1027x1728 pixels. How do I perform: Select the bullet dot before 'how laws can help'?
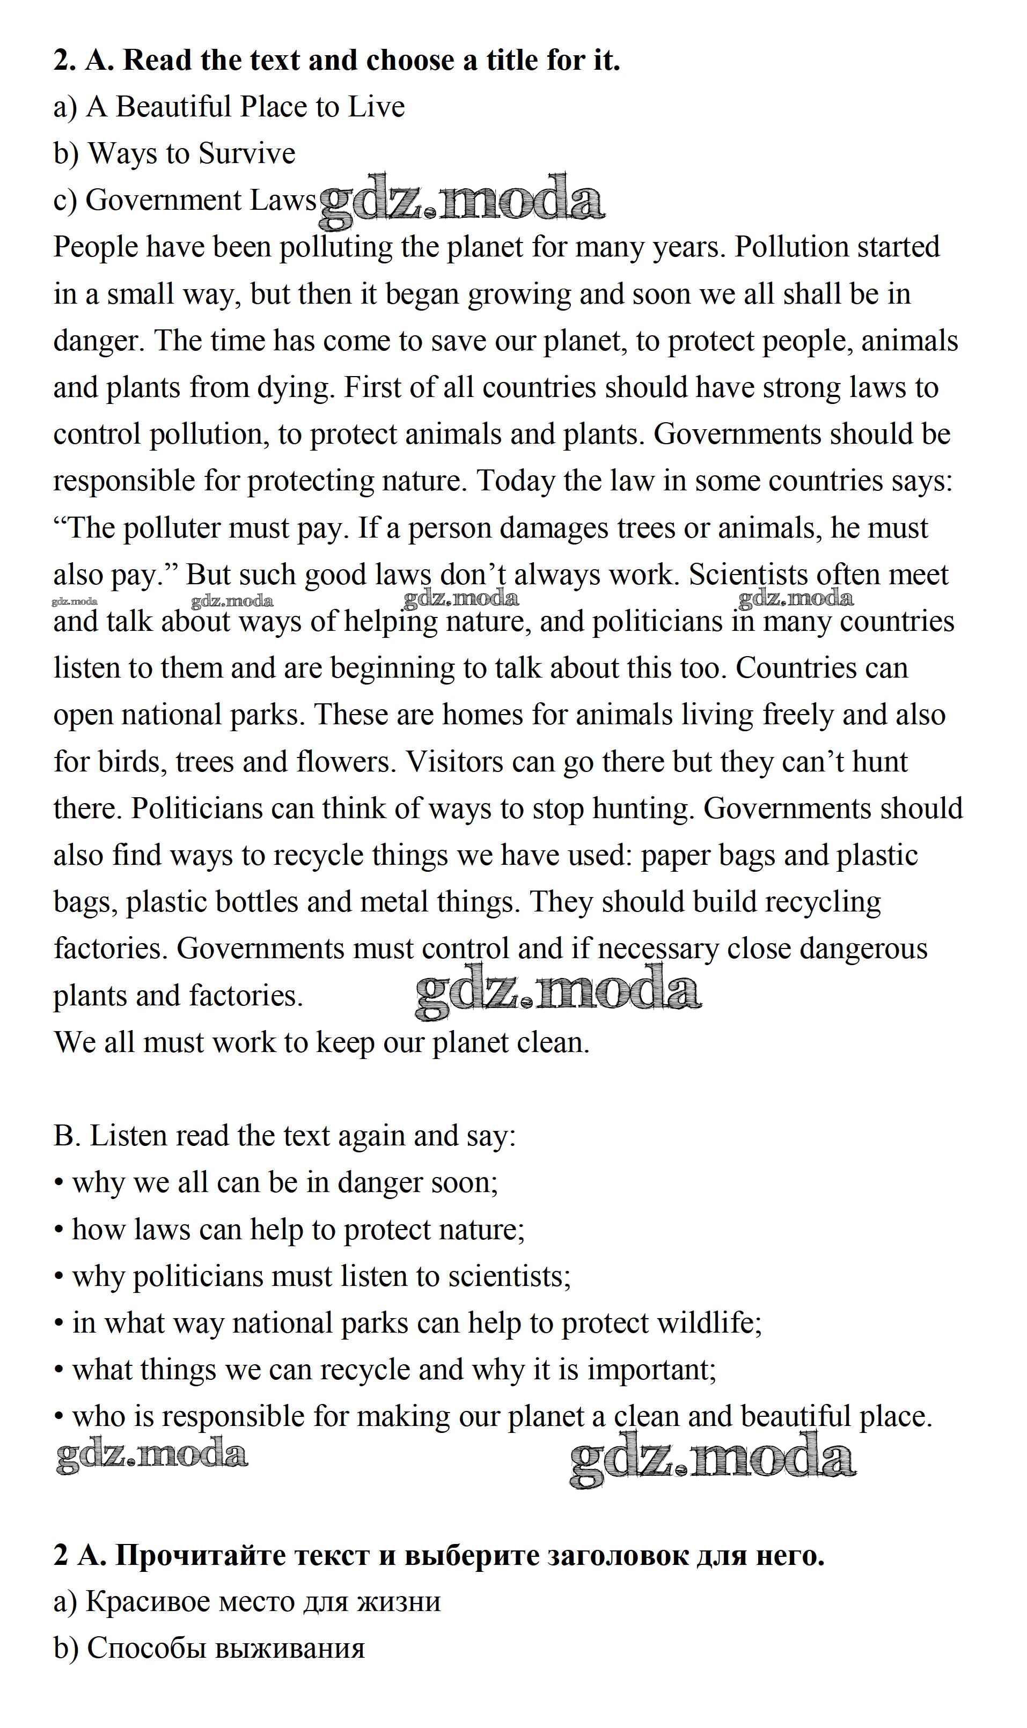click(60, 1231)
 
